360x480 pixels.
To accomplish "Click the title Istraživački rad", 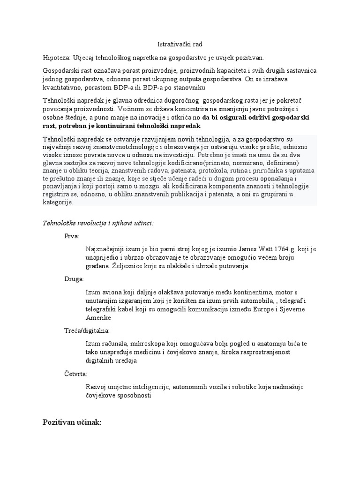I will click(180, 44).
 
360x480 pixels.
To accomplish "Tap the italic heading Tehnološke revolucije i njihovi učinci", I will click(97, 223).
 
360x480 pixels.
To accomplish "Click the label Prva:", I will click(72, 236).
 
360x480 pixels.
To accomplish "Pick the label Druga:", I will click(74, 279).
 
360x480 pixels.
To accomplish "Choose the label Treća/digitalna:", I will click(87, 330).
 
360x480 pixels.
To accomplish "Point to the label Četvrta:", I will click(75, 374).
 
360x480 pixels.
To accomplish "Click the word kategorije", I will click(58, 203).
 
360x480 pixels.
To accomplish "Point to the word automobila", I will click(217, 300).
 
